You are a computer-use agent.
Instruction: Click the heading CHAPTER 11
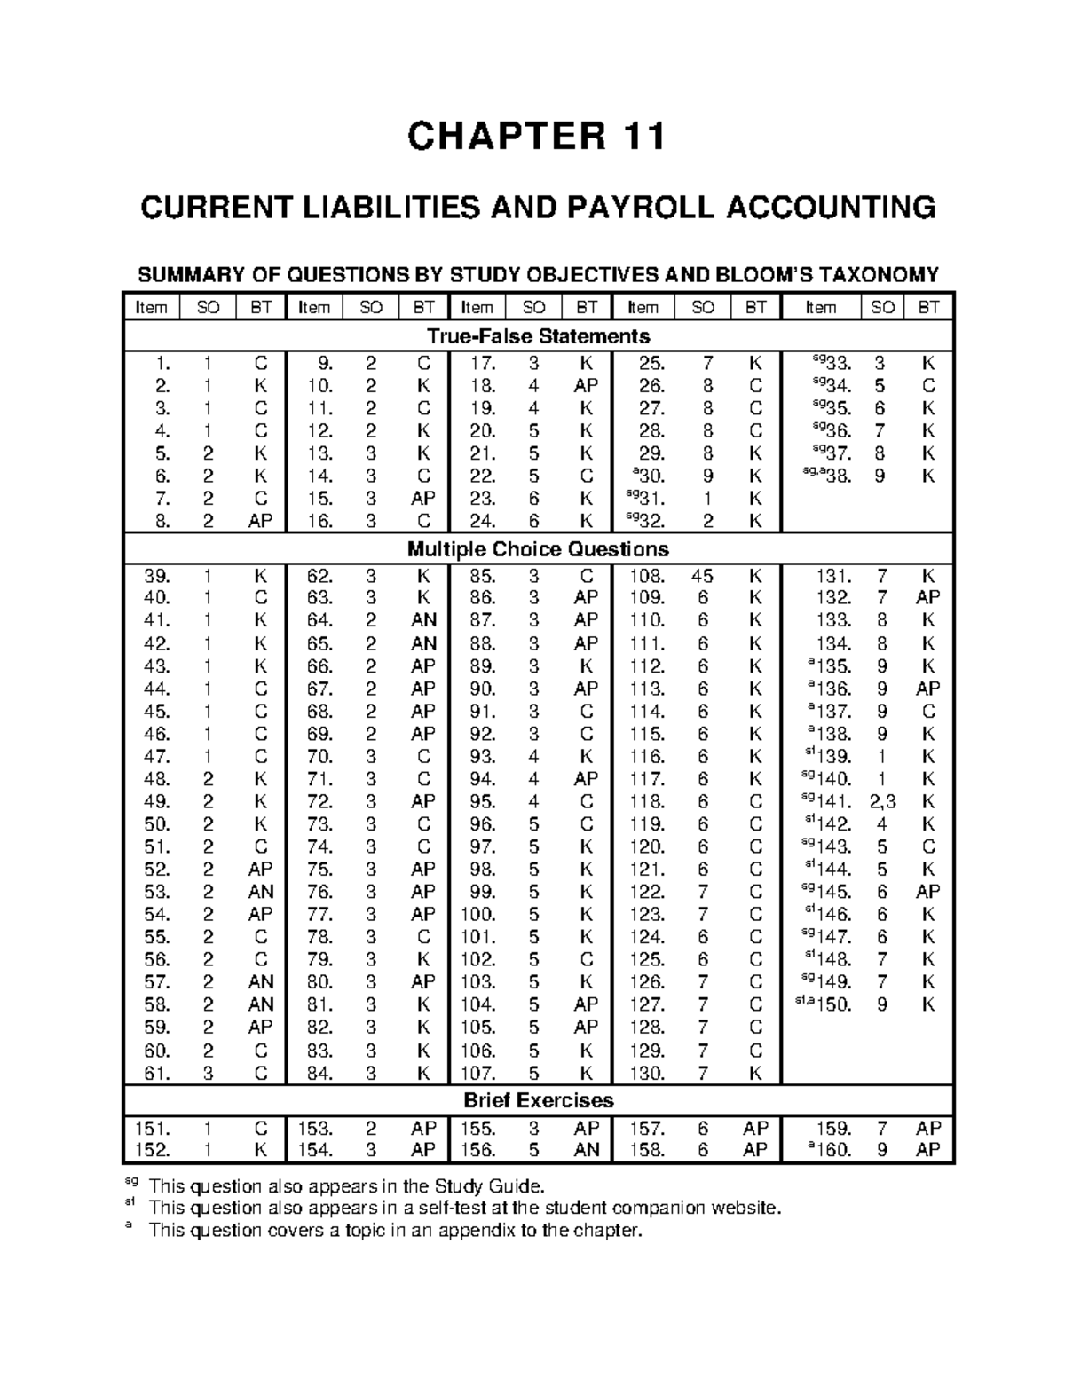pyautogui.click(x=535, y=138)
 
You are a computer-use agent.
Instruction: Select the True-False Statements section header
pyautogui.click(x=538, y=336)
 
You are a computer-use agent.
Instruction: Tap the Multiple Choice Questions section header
pyautogui.click(x=538, y=549)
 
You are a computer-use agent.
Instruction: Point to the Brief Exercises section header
pyautogui.click(x=538, y=1101)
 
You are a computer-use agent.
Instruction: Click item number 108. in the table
pyautogui.click(x=646, y=575)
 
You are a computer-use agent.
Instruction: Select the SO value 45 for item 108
pyautogui.click(x=703, y=575)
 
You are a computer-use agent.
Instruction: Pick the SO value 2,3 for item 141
pyautogui.click(x=882, y=801)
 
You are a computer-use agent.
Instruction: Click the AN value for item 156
pyautogui.click(x=587, y=1151)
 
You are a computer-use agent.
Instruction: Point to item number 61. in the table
pyautogui.click(x=156, y=1074)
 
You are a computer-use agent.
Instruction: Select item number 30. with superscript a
pyautogui.click(x=649, y=476)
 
